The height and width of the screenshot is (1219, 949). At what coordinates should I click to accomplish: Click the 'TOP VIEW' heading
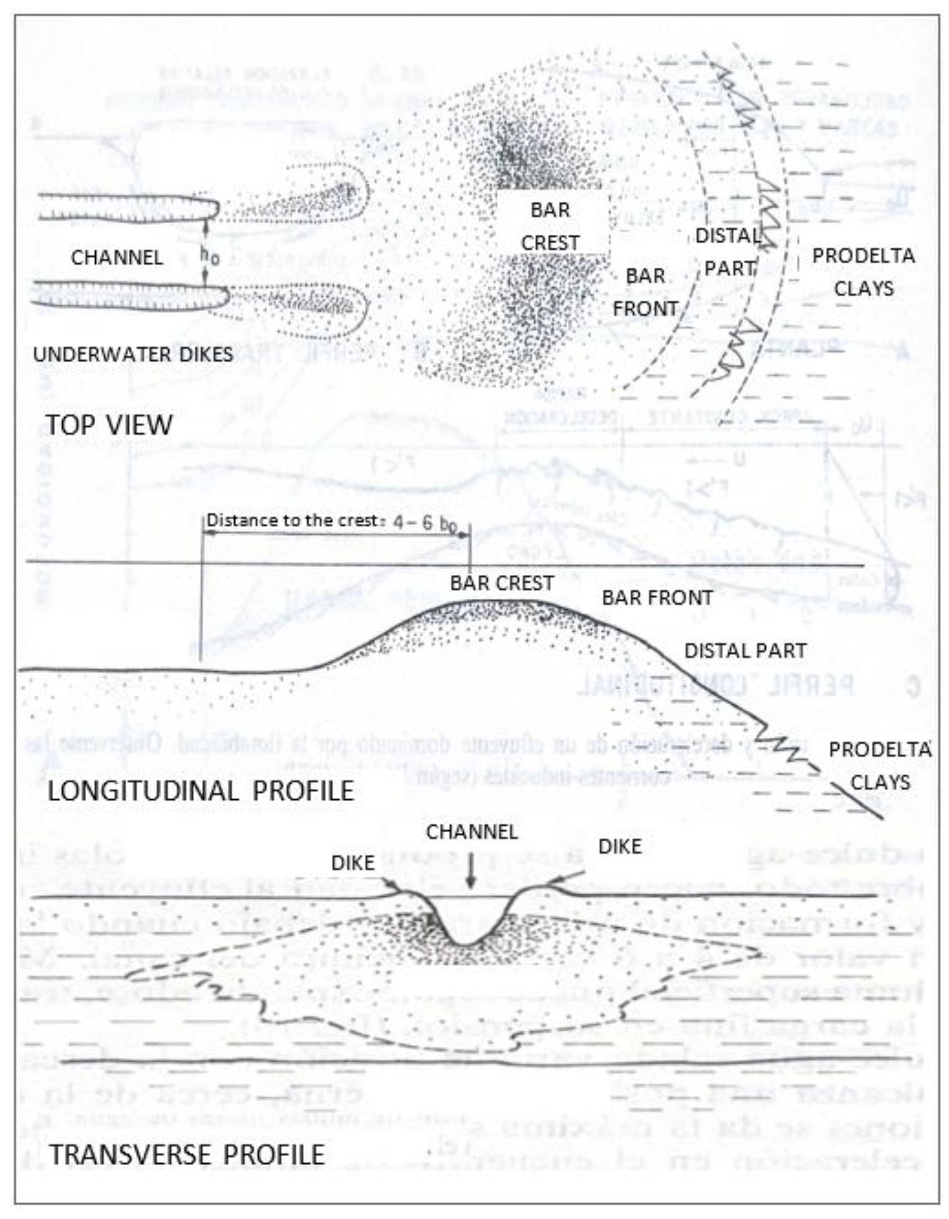(110, 425)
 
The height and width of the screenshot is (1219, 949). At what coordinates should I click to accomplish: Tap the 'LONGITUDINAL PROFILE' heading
(201, 791)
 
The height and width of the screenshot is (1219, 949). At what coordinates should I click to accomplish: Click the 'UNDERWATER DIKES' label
(133, 354)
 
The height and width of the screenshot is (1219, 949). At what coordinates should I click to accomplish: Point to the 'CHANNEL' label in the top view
(117, 257)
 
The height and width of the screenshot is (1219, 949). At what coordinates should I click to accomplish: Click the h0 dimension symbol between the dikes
(210, 256)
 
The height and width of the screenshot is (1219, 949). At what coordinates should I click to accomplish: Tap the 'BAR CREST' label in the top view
(550, 226)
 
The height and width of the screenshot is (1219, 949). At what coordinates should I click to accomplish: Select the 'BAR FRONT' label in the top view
(645, 292)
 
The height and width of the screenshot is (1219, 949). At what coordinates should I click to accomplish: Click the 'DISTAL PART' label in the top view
(729, 252)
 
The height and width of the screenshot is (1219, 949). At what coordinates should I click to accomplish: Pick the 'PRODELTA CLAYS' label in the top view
(863, 272)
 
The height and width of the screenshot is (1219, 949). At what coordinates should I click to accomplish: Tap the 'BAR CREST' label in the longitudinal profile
(502, 583)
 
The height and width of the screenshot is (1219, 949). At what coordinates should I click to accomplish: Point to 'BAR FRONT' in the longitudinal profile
(657, 598)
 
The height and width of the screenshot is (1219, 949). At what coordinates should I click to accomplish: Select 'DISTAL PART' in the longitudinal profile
(745, 651)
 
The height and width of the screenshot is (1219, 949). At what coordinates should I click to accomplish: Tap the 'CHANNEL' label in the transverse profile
(472, 832)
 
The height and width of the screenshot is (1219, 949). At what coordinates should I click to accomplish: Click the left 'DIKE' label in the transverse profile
(353, 863)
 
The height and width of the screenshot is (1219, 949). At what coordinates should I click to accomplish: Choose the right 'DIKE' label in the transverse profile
(620, 847)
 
